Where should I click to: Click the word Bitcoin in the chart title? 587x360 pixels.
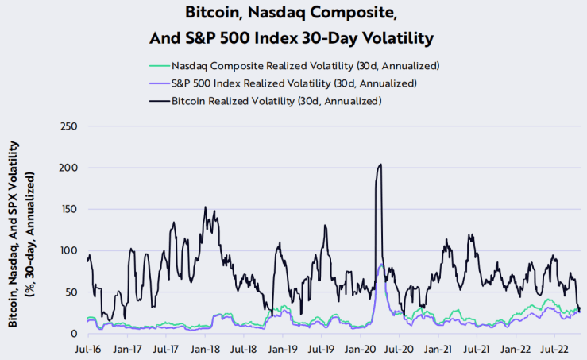tap(213, 14)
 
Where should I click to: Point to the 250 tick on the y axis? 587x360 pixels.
tap(67, 126)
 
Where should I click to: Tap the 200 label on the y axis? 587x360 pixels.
tap(67, 168)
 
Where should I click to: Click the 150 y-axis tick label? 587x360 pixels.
tap(67, 209)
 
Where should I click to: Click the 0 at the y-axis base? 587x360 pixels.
tap(73, 334)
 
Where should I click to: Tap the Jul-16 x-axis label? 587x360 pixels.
tap(87, 348)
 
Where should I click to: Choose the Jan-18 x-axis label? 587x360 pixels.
tap(205, 348)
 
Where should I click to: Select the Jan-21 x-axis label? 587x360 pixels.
tap(438, 348)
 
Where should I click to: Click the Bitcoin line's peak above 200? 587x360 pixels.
tap(381, 165)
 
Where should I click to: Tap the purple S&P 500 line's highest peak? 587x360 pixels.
tap(382, 265)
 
